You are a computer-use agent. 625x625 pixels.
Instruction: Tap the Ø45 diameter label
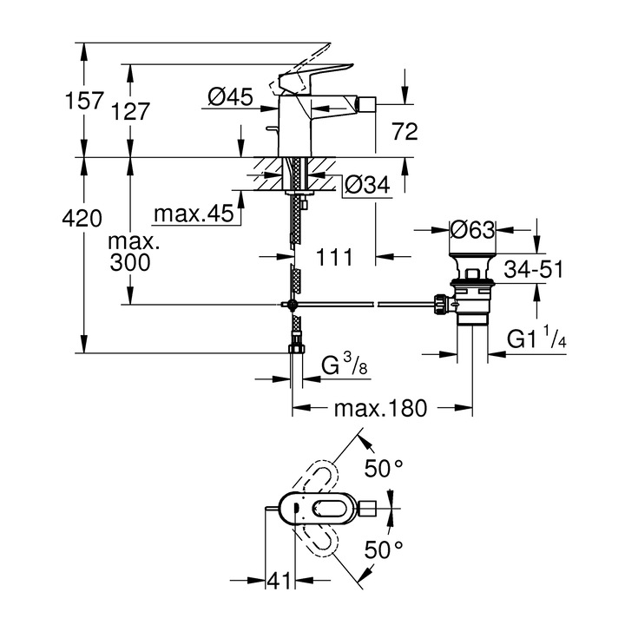click(230, 98)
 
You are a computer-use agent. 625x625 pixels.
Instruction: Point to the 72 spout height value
click(405, 132)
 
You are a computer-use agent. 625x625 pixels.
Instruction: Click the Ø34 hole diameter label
click(366, 184)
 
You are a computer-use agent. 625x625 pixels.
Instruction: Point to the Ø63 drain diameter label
click(473, 230)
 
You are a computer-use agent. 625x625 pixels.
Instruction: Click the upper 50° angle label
click(384, 470)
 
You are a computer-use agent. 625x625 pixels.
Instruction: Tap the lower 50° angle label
click(384, 549)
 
